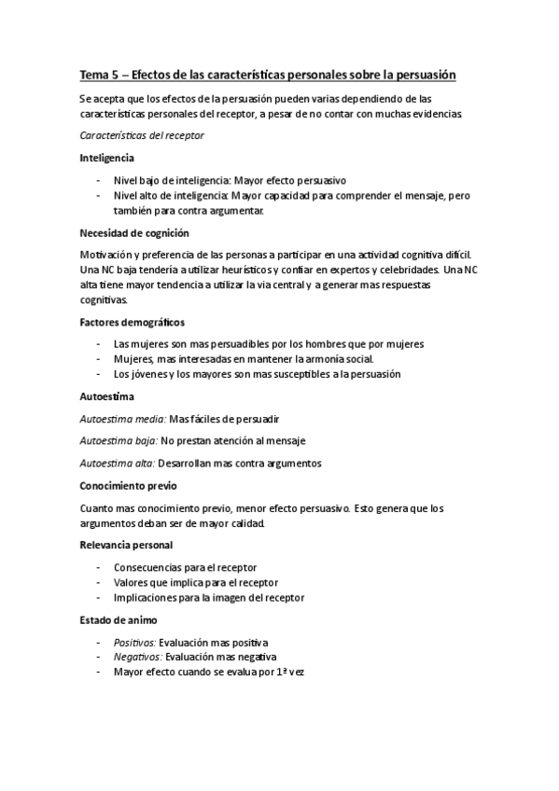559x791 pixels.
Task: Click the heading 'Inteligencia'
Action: pyautogui.click(x=107, y=158)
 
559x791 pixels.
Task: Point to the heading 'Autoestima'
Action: pyautogui.click(x=107, y=396)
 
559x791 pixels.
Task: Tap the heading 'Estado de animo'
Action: pyautogui.click(x=118, y=619)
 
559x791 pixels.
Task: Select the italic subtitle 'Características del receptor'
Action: pyautogui.click(x=142, y=135)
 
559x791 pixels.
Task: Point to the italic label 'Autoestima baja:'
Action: pyautogui.click(x=119, y=440)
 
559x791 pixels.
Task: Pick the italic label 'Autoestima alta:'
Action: pyautogui.click(x=118, y=463)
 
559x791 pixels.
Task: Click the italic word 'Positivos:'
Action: pyautogui.click(x=134, y=642)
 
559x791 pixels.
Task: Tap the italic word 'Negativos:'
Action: pyautogui.click(x=136, y=657)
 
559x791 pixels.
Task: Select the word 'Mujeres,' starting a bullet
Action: pyautogui.click(x=133, y=359)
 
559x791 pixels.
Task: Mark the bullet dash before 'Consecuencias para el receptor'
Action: pyautogui.click(x=98, y=567)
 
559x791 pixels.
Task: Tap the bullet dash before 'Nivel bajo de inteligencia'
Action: pyautogui.click(x=98, y=180)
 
